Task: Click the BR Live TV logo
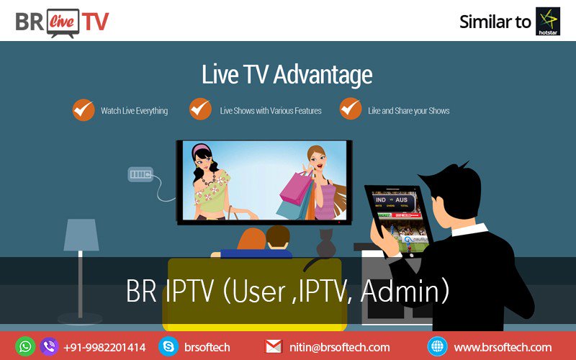point(62,20)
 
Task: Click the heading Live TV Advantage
point(287,76)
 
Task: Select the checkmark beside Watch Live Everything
point(84,110)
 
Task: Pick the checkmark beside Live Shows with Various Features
point(200,109)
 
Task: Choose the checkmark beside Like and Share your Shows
point(351,109)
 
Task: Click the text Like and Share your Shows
point(408,111)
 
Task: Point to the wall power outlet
point(140,174)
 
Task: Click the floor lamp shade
point(81,235)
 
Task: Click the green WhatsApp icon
point(25,346)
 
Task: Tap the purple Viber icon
point(49,346)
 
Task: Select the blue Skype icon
point(168,346)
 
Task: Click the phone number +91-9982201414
point(104,347)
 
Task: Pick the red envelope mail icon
point(274,347)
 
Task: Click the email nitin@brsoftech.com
point(339,347)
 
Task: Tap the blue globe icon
point(437,346)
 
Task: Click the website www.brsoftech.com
point(503,347)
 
